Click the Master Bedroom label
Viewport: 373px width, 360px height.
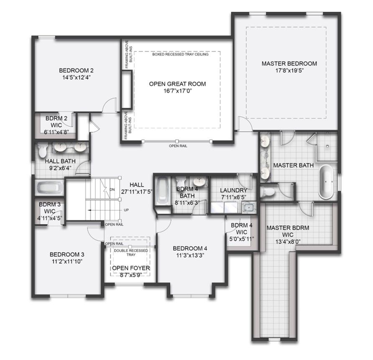[x=289, y=64]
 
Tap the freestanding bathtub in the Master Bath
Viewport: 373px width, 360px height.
[x=326, y=181]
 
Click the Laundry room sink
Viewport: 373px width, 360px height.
[x=249, y=207]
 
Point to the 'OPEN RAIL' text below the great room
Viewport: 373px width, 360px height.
[x=178, y=146]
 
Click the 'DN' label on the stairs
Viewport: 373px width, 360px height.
[x=112, y=189]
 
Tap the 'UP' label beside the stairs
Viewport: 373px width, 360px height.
[x=126, y=210]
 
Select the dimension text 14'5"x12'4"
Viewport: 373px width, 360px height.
[x=77, y=77]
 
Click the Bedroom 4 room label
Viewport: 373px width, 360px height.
[x=190, y=248]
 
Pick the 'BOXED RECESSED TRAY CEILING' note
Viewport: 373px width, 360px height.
[x=180, y=54]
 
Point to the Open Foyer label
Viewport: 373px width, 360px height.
[x=131, y=268]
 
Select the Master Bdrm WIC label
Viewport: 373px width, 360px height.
[x=288, y=231]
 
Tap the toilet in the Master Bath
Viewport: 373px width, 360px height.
[x=267, y=191]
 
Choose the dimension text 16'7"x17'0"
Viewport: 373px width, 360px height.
[x=177, y=91]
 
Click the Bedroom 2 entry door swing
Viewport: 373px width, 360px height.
[x=109, y=105]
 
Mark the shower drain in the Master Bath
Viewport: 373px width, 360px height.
[x=327, y=146]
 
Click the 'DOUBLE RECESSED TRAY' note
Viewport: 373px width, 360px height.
[x=131, y=253]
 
